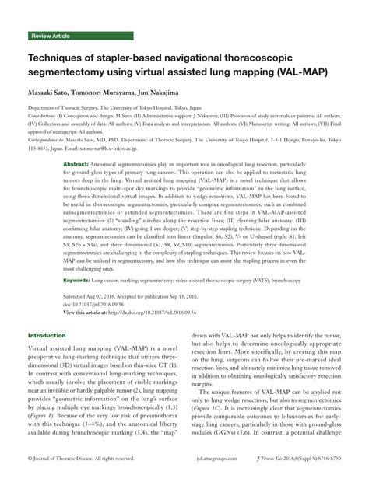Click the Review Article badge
tap(52, 37)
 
